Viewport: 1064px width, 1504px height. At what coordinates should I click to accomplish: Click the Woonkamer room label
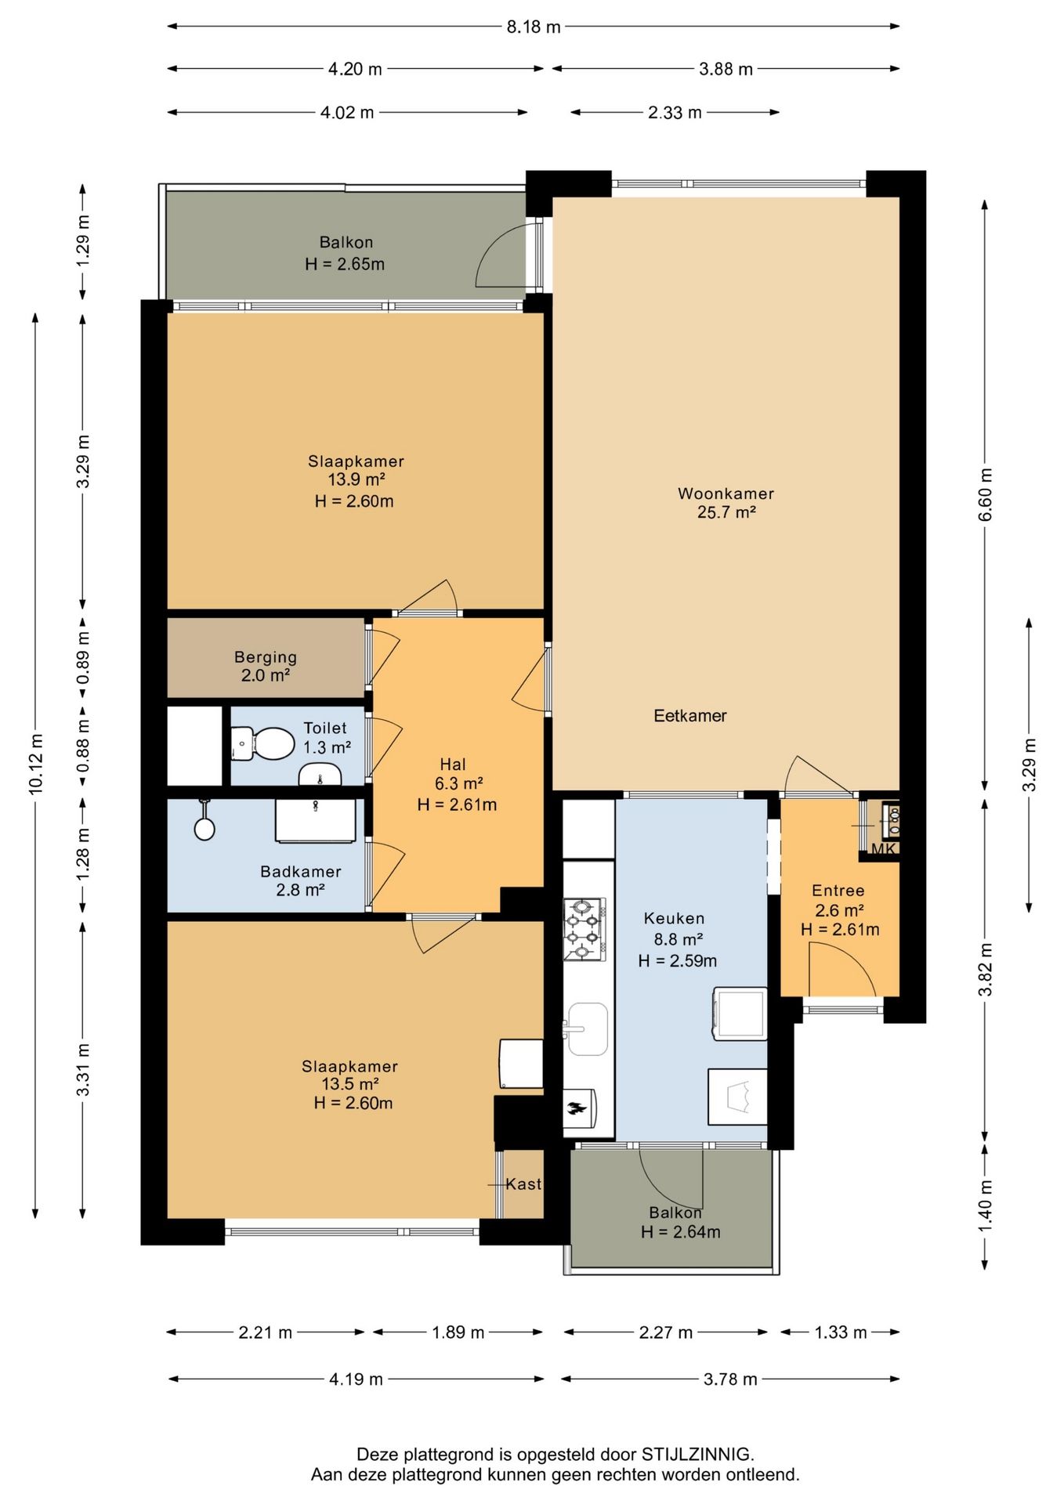coord(726,493)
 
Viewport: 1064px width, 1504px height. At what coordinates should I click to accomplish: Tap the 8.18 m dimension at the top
coord(534,27)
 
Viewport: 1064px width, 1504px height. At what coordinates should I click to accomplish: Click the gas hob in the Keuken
coord(584,929)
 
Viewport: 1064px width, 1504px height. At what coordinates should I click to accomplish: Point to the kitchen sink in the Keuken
coord(586,1029)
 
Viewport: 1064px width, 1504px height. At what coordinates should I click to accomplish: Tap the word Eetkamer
coord(690,715)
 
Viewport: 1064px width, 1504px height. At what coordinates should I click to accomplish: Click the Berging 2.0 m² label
coord(266,666)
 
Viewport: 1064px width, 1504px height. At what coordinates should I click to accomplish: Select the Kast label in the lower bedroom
coord(523,1184)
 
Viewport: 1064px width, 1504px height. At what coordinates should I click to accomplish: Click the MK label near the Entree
coord(883,849)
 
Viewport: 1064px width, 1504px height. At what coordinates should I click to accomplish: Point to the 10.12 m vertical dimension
coord(35,765)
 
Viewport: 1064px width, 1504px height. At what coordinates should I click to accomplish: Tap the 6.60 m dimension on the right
coord(986,494)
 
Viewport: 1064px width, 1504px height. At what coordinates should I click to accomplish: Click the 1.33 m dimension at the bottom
coord(841,1332)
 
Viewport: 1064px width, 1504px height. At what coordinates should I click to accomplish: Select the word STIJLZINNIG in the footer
coord(697,1455)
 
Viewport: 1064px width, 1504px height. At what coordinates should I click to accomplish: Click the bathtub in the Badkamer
coord(316,821)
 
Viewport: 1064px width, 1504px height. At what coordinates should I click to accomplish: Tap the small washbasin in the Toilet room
coord(320,774)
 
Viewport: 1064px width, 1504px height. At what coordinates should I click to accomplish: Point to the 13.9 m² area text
coord(356,480)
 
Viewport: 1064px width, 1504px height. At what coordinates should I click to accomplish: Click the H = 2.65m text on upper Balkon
coord(345,264)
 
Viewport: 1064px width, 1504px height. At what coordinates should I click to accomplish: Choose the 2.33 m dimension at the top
coord(675,113)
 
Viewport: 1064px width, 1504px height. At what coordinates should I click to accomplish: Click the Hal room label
coord(453,764)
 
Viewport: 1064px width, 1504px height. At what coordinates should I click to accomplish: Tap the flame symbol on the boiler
coord(577,1108)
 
